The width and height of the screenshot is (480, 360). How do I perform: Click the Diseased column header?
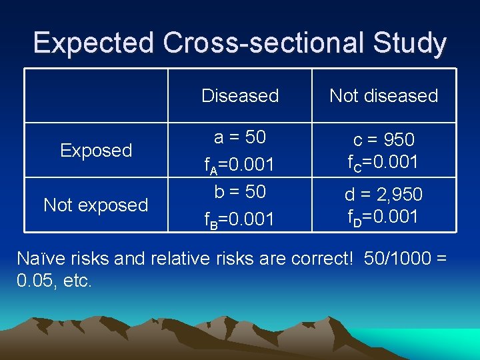coord(240,96)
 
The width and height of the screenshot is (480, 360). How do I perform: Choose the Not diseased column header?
coord(383,96)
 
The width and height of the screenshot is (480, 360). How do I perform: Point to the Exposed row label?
coord(96,151)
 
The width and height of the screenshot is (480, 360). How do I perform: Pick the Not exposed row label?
coord(96,205)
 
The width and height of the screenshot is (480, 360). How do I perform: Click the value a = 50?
coord(240,137)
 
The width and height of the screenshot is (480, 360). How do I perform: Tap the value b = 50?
coord(240,191)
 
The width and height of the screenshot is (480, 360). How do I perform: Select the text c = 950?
coord(383,140)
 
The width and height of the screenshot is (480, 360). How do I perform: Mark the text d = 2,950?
coord(383,195)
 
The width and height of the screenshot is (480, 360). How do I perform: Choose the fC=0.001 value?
coord(383,162)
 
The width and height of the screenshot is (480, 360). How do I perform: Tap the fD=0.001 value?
coord(383,217)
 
